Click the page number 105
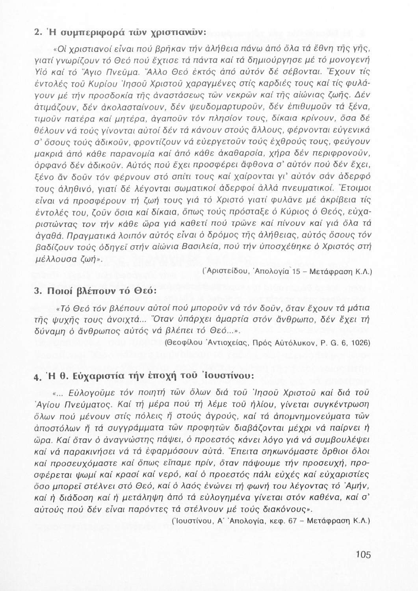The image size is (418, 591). pyautogui.click(x=363, y=555)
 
